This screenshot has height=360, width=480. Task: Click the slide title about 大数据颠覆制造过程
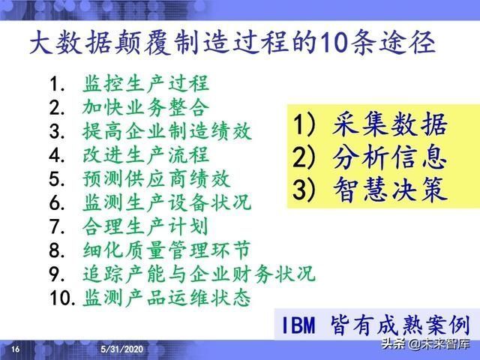232,43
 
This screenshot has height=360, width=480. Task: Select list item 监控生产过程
146,83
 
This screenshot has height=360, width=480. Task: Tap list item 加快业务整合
146,107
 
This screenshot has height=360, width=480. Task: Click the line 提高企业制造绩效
167,131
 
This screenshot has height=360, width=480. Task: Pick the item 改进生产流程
146,155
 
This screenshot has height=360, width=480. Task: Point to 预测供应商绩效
157,179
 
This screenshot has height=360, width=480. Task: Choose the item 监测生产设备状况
167,203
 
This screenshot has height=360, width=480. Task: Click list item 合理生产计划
146,226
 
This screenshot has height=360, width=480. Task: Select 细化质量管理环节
167,250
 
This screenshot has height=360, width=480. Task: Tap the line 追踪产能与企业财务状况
199,274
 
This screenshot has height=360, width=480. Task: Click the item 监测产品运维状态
167,298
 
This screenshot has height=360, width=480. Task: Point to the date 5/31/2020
123,349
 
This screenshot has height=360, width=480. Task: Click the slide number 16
16,349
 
